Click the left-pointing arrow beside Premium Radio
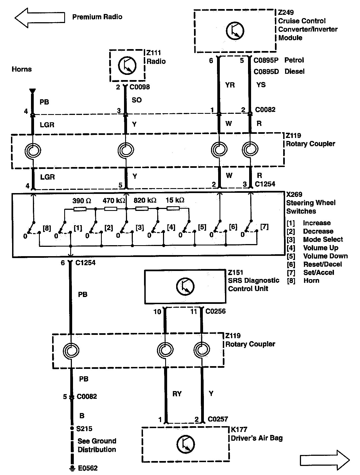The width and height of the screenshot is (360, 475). coord(40,18)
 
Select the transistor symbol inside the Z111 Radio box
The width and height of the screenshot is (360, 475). coord(127,65)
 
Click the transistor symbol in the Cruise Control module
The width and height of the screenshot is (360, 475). coord(235,31)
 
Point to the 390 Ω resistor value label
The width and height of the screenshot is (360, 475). coord(81,201)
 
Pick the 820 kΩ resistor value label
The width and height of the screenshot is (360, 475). coord(145,200)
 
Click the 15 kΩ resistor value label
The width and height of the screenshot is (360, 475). coord(175,200)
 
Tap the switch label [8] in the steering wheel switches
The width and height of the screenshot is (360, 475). coord(47,228)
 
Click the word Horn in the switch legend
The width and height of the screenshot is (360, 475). coord(311,281)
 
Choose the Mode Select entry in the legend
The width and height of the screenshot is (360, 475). coord(323,239)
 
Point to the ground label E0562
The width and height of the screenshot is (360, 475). coord(88,468)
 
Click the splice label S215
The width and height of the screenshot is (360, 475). coord(84,429)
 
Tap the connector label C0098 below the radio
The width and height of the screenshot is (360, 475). coord(140,87)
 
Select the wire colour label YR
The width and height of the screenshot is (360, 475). coord(230,85)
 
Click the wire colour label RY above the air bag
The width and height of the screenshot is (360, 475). coord(177,394)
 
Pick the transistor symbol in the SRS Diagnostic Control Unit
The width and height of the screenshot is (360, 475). coord(185,287)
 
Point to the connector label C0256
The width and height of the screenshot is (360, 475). coord(215,311)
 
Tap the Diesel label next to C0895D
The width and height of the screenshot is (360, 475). coord(294,72)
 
